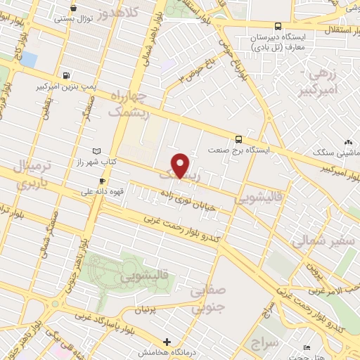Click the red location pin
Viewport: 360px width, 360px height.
[181, 165]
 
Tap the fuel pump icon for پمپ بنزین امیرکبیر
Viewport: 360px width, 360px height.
[66, 75]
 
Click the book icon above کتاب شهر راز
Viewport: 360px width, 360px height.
[96, 150]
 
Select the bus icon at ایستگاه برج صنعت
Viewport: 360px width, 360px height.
[239, 139]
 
